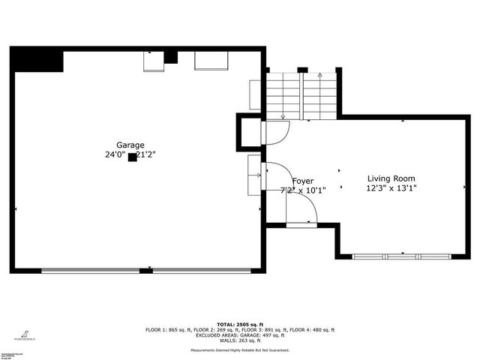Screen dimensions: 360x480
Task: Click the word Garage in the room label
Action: pos(130,145)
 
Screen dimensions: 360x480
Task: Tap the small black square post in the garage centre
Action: pos(132,157)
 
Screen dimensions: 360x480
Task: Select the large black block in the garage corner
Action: pos(37,61)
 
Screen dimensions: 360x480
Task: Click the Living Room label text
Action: pos(391,178)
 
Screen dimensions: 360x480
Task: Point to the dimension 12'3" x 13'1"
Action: pos(391,188)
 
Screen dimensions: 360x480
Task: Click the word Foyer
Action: pos(302,181)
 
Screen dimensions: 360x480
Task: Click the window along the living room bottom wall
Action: pos(403,256)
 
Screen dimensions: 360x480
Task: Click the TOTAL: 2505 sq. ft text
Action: pos(240,322)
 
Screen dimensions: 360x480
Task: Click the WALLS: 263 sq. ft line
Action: pos(240,340)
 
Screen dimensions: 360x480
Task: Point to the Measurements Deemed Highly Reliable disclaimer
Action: pos(240,349)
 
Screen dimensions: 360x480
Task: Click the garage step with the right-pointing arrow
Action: pos(253,175)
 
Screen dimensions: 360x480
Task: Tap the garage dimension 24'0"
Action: pos(115,155)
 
